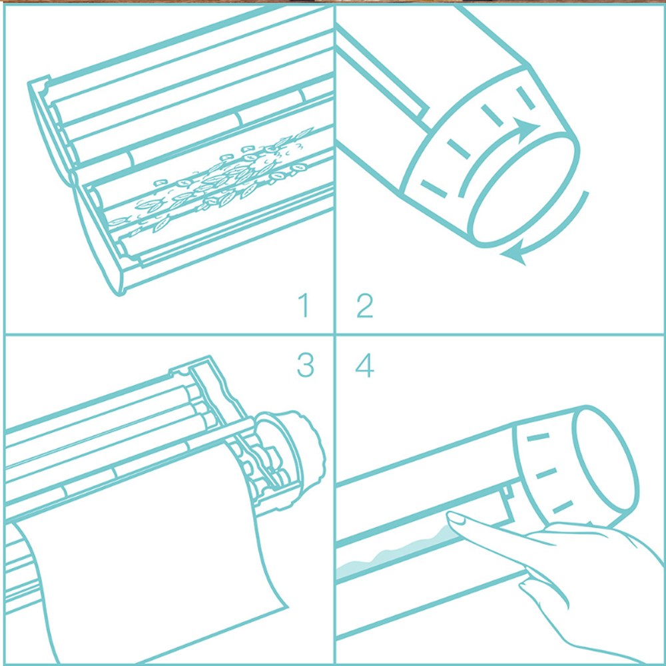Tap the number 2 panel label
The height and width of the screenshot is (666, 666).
pos(365,305)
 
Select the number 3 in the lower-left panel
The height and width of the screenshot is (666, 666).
pos(306,365)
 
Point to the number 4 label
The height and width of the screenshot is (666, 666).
pos(365,365)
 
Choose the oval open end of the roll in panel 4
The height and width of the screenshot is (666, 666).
pos(605,459)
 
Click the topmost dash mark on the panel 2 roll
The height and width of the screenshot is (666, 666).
pos(525,98)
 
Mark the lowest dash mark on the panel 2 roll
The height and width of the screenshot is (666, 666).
pos(434,189)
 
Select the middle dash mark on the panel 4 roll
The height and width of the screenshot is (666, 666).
pos(546,473)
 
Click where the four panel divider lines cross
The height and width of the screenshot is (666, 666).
pos(335,334)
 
